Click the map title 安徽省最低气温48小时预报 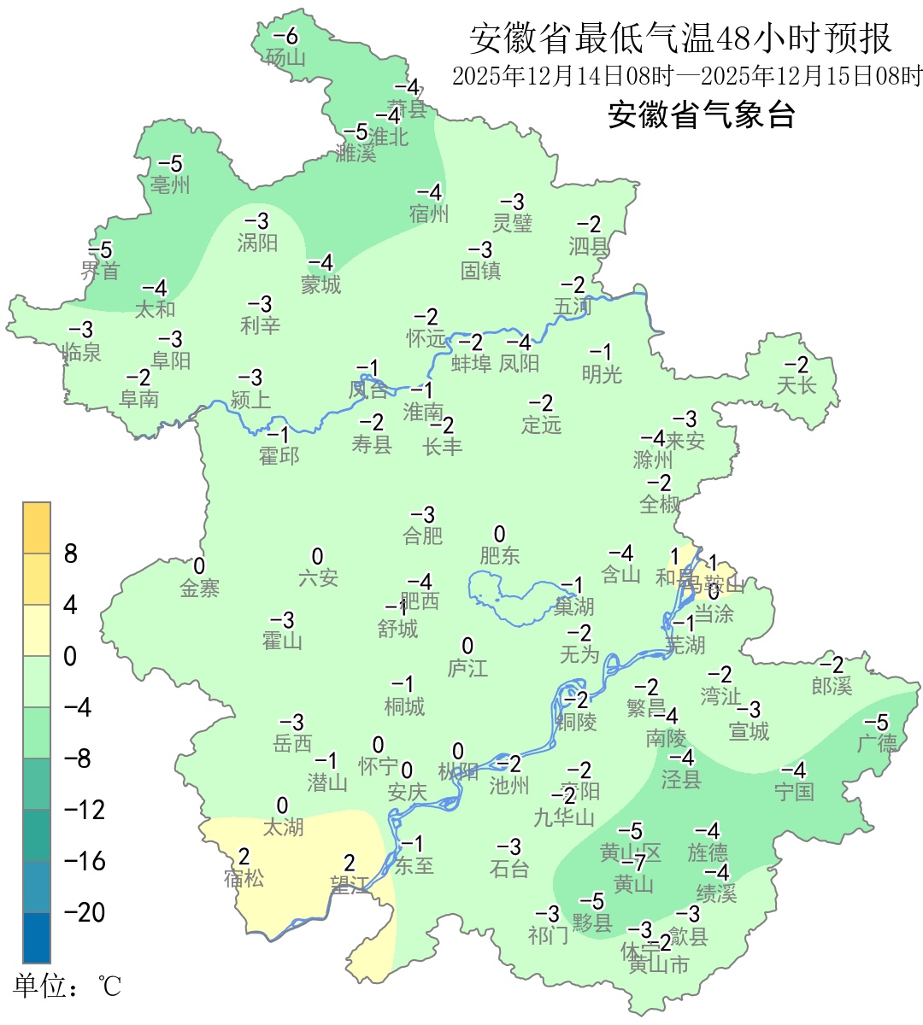coord(680,39)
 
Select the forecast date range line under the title coord(687,76)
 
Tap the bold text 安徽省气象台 coord(701,114)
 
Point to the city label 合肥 coord(423,536)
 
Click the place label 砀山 coord(285,57)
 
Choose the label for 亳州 coord(170,184)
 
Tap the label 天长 coord(797,385)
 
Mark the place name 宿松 coord(244,877)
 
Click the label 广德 coord(877,743)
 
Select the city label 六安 coord(318,578)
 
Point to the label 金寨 coord(199,588)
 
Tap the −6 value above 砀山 coord(285,37)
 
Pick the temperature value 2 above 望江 coord(349,864)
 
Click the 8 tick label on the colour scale coord(71,554)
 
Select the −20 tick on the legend coord(85,912)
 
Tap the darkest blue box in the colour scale coord(37,938)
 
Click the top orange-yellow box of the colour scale coord(37,528)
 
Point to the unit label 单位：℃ coord(68,987)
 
